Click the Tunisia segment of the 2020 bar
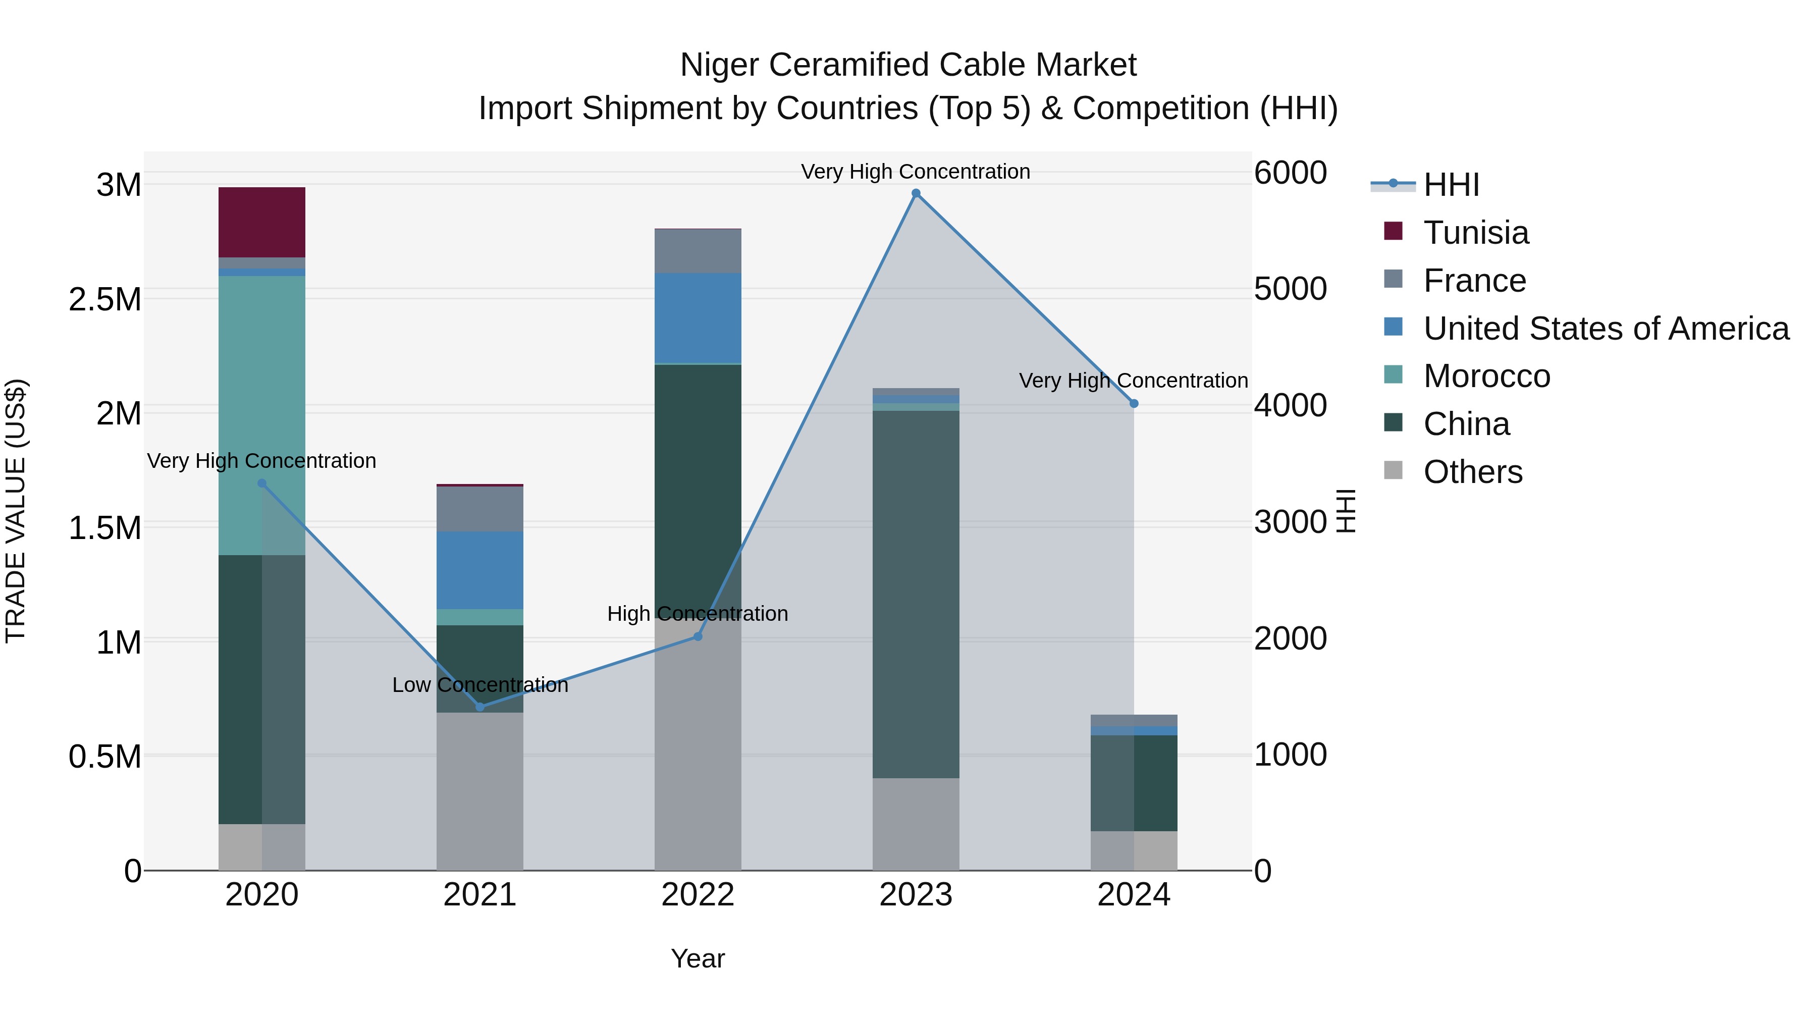pyautogui.click(x=261, y=222)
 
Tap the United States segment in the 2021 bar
pyautogui.click(x=479, y=570)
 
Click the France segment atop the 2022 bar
pyautogui.click(x=698, y=251)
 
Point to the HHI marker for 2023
pyautogui.click(x=916, y=193)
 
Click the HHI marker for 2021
pyautogui.click(x=479, y=707)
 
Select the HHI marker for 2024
pyautogui.click(x=1134, y=403)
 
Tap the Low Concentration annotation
pyautogui.click(x=479, y=685)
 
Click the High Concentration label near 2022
pyautogui.click(x=698, y=614)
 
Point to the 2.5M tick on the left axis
pyautogui.click(x=105, y=300)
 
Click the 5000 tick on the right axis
pyautogui.click(x=1290, y=289)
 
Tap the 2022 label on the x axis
pyautogui.click(x=698, y=895)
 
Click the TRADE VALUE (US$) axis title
pyautogui.click(x=16, y=511)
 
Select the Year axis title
pyautogui.click(x=698, y=958)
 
